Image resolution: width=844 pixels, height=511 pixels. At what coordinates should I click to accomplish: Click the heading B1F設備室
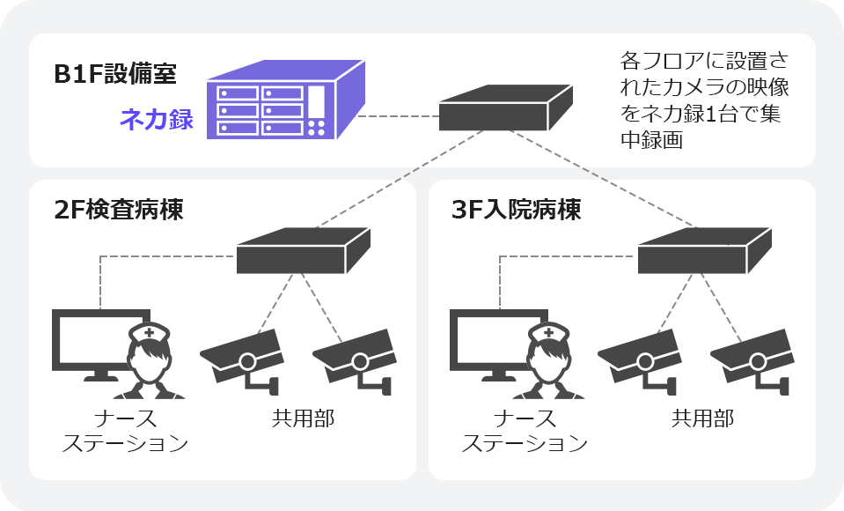[x=114, y=75]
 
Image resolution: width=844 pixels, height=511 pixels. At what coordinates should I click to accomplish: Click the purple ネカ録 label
[x=157, y=120]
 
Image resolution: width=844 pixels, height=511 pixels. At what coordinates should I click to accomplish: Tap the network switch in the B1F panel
[x=506, y=108]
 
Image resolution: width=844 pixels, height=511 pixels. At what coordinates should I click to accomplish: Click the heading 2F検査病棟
[x=119, y=211]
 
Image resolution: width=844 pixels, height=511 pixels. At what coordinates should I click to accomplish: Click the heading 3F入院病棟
[x=517, y=211]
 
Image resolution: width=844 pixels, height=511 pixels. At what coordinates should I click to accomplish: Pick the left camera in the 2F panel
[x=242, y=357]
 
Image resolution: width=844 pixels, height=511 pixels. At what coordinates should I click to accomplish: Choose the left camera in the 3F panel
[x=640, y=357]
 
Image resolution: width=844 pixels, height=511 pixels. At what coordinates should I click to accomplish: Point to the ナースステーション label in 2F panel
[x=125, y=430]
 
